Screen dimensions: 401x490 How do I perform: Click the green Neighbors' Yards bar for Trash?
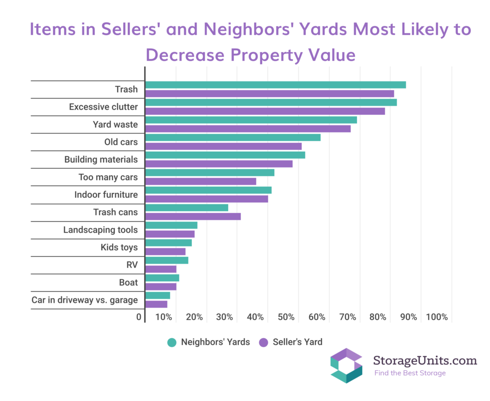pos(275,85)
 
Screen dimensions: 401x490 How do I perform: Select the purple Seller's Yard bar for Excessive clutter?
pos(265,111)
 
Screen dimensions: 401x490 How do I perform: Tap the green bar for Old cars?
pos(233,137)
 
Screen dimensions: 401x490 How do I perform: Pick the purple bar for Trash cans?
pos(193,216)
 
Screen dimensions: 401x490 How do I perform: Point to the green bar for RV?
pos(167,260)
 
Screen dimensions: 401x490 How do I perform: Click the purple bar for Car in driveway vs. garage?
pos(156,304)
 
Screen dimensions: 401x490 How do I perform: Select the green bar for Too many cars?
pos(210,172)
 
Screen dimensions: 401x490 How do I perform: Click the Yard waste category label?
pos(115,124)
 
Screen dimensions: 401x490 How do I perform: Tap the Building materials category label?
pos(101,159)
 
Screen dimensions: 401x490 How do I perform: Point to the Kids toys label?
pos(119,247)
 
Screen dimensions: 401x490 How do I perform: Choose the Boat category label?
pos(128,282)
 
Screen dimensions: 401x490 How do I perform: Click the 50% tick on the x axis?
pos(286,317)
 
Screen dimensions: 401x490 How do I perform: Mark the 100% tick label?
pos(436,317)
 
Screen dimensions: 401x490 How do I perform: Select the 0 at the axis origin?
pos(139,317)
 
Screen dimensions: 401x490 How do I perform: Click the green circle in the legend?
pos(172,342)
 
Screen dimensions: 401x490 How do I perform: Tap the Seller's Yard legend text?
pos(298,342)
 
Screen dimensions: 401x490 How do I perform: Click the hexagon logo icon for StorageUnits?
pos(346,366)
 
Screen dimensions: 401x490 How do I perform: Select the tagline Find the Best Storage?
pos(410,373)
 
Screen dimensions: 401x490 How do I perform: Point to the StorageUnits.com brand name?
pos(425,360)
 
